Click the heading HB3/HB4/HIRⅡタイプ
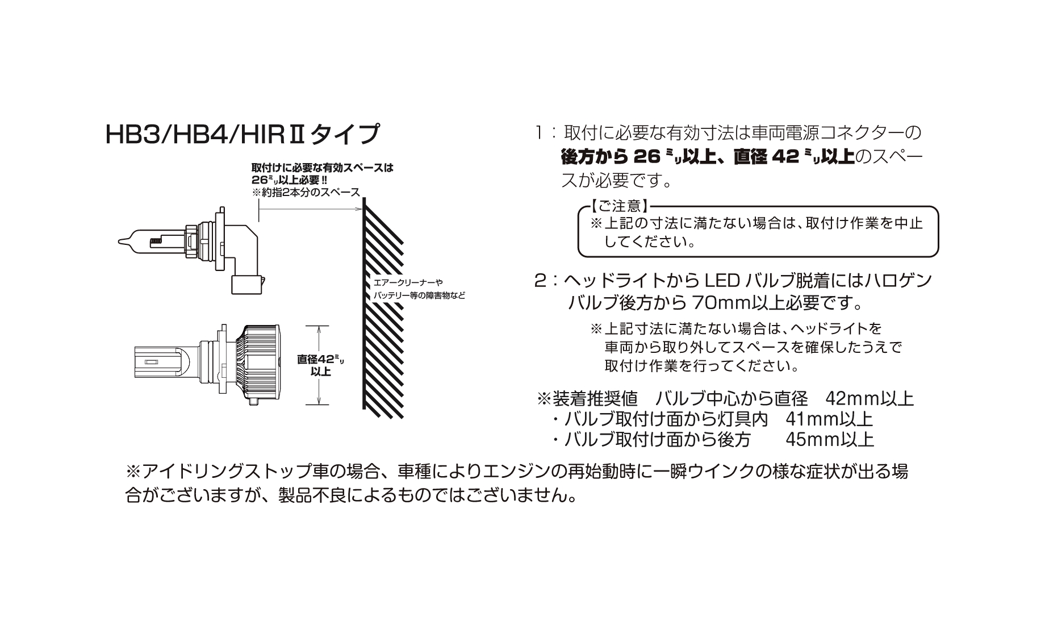coord(242,135)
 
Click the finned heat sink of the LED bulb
coord(261,363)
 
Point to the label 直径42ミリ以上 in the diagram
coord(321,365)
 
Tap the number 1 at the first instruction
coord(538,133)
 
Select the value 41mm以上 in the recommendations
coord(829,419)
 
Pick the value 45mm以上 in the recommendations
coord(830,439)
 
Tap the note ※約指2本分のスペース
coord(306,192)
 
